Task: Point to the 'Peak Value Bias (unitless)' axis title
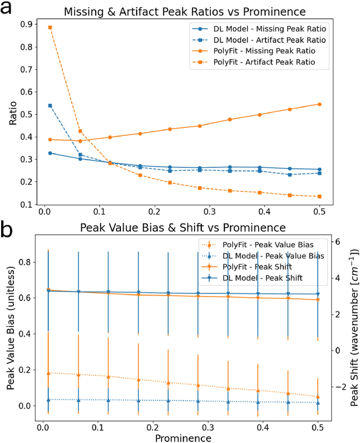click(10, 328)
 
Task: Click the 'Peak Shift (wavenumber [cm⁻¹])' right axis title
click(353, 328)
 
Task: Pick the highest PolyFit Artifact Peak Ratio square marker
click(50, 27)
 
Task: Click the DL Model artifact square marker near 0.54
click(50, 105)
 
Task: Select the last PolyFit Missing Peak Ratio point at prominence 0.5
click(319, 104)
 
